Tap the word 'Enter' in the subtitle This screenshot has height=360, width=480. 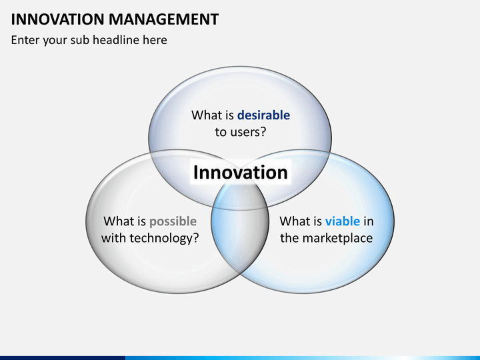click(25, 40)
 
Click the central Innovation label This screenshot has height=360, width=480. click(240, 173)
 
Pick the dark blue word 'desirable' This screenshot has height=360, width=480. click(263, 115)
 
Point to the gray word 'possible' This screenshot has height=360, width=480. click(173, 221)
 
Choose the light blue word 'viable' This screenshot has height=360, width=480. click(343, 221)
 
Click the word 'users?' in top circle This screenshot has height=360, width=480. click(249, 132)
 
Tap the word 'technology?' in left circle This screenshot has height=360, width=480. click(163, 238)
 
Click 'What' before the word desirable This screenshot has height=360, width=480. click(205, 115)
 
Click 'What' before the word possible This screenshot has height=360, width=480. click(118, 221)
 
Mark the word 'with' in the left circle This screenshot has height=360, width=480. click(113, 238)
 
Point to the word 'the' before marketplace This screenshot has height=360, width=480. click(289, 238)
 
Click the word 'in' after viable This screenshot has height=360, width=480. click(369, 221)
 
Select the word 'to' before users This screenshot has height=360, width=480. click(221, 132)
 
